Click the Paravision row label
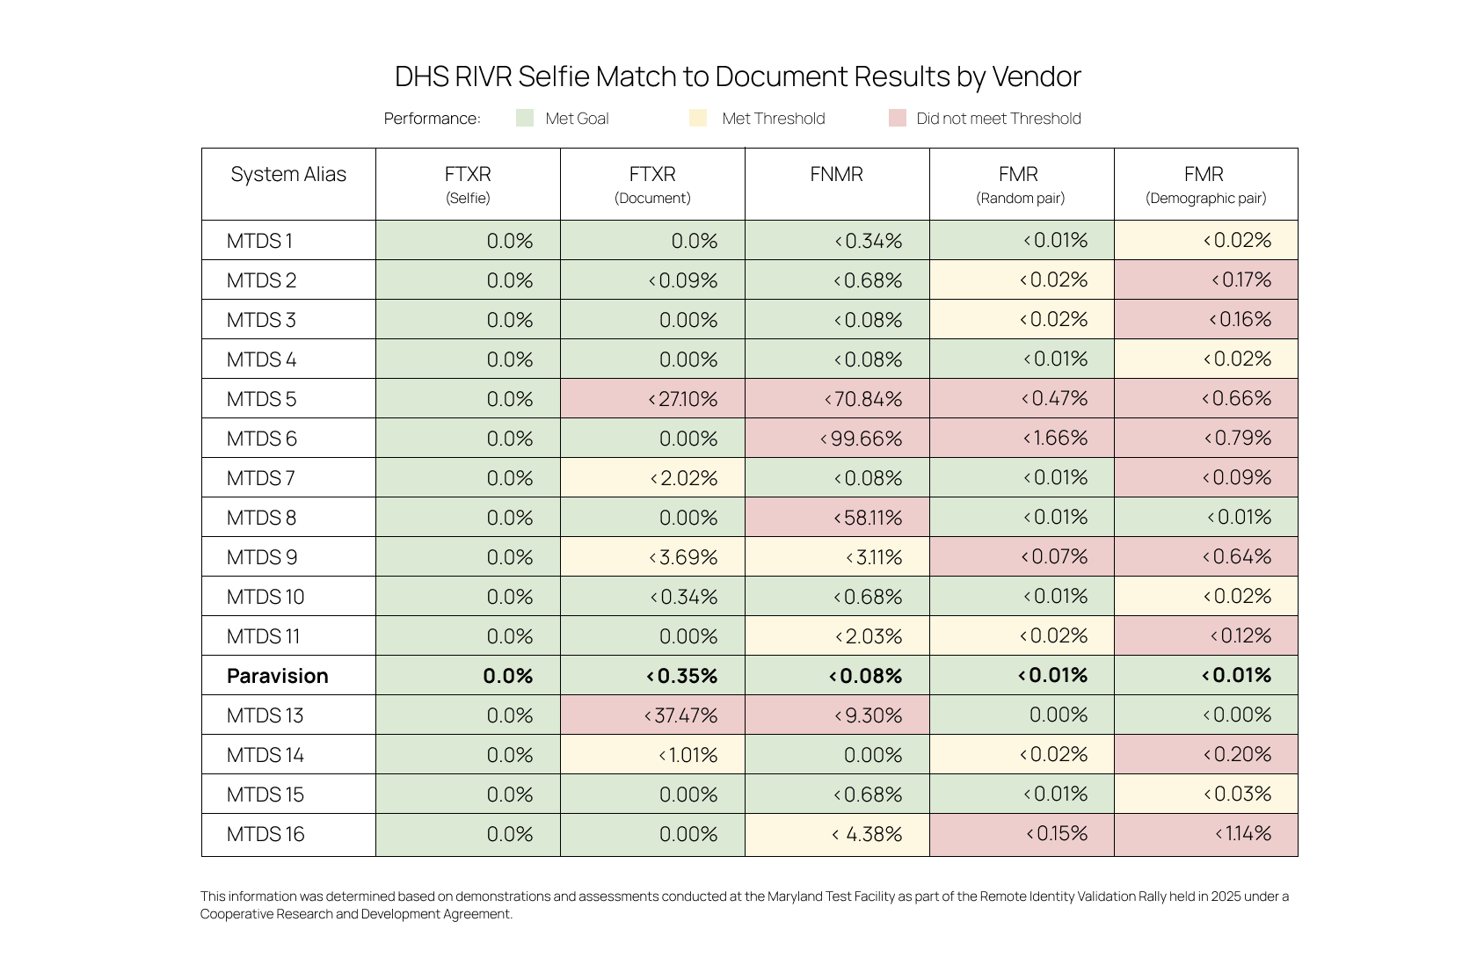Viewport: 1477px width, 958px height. tap(277, 676)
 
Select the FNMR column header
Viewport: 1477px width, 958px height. tap(836, 175)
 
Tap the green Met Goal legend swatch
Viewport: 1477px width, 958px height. tap(525, 119)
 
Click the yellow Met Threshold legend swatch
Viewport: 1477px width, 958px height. tap(698, 119)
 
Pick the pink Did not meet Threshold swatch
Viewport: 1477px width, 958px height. tap(897, 119)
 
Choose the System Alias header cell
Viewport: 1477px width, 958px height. tap(288, 175)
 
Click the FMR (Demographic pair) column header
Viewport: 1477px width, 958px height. tap(1204, 184)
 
